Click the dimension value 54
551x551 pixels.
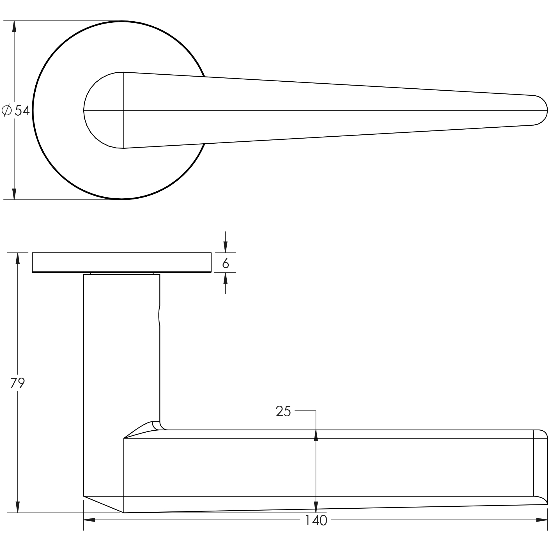(22, 110)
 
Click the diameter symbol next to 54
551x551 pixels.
(6, 110)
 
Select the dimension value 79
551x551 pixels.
(18, 383)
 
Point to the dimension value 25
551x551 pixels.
(283, 411)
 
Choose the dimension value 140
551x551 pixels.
(316, 520)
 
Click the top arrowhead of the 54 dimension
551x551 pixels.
(14, 26)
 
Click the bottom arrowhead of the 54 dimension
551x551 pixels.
(14, 194)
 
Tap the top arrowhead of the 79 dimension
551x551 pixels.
(18, 258)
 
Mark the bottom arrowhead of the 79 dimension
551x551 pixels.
(18, 507)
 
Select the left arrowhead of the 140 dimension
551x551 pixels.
(89, 520)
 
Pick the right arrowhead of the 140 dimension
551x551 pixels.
(541, 520)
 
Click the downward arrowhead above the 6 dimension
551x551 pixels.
(226, 247)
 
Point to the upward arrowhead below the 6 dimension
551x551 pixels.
(226, 278)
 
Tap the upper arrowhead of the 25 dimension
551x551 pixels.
(316, 436)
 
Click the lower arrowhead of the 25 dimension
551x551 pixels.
(316, 507)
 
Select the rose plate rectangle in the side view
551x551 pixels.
(122, 262)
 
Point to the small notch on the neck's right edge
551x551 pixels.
(159, 315)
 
